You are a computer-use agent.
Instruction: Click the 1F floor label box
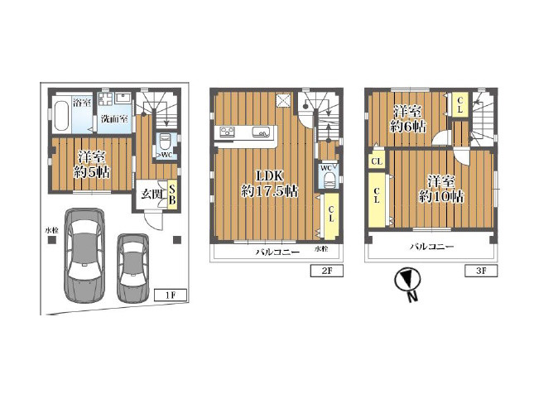[171, 295]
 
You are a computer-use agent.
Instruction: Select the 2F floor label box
[326, 271]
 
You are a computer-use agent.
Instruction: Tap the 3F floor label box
[481, 271]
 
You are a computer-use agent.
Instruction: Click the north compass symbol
[407, 283]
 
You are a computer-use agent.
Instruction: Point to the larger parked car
[84, 255]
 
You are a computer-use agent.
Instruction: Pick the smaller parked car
[132, 268]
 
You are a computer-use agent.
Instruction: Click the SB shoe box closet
[172, 195]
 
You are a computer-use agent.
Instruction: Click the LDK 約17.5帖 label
[269, 184]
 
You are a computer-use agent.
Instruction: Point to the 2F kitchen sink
[261, 132]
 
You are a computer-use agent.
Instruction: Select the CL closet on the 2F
[331, 216]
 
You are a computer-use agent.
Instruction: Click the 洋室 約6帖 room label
[407, 119]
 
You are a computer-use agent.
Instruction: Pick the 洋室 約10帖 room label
[441, 189]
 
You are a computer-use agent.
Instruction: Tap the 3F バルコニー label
[431, 246]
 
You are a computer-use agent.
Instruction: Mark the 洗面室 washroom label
[114, 119]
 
